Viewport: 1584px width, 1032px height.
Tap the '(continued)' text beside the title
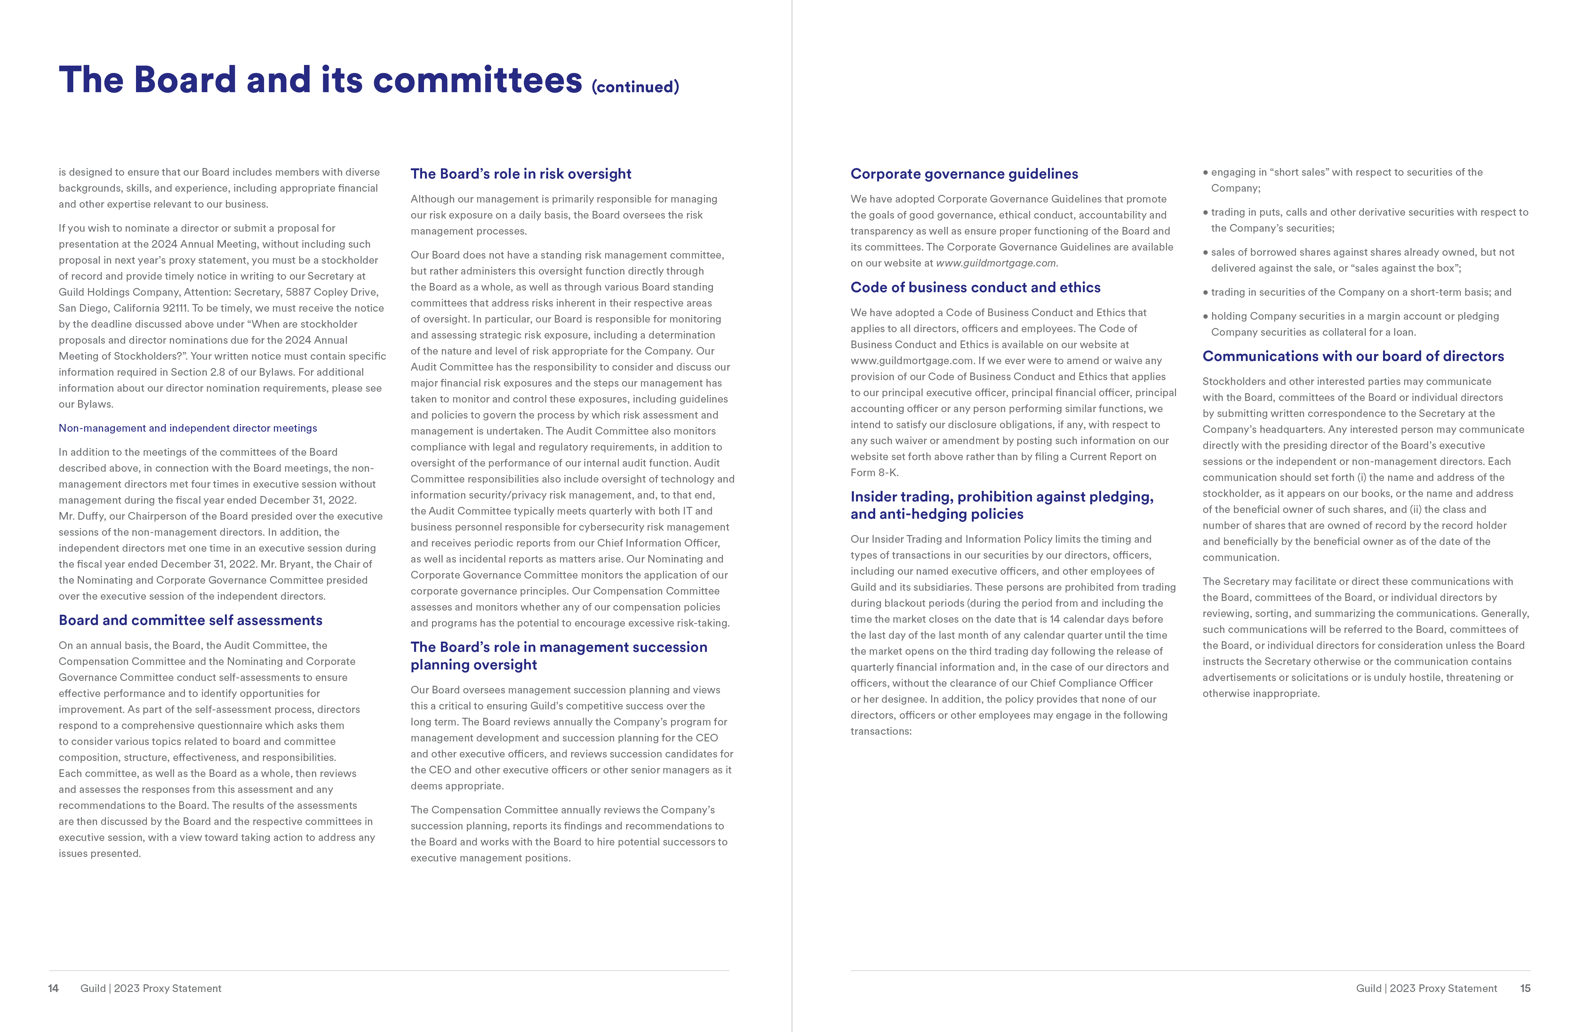[635, 87]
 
